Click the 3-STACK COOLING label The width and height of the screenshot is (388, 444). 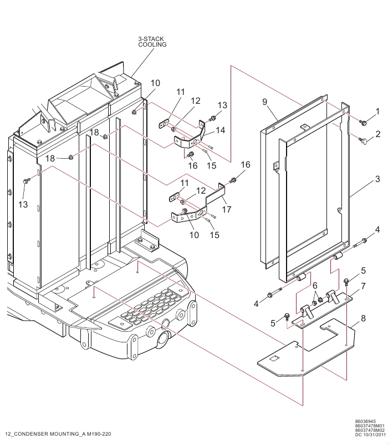152,42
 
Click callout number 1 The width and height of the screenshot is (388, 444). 377,112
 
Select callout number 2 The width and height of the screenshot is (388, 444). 377,134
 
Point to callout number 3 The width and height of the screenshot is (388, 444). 377,179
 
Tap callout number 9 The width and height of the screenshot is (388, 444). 265,102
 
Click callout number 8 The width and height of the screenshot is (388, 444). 363,319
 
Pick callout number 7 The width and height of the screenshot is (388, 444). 363,286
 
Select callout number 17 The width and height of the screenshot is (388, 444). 226,209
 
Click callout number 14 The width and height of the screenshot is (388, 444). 220,130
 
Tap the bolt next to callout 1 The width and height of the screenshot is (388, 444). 364,122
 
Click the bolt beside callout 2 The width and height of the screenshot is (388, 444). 362,140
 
